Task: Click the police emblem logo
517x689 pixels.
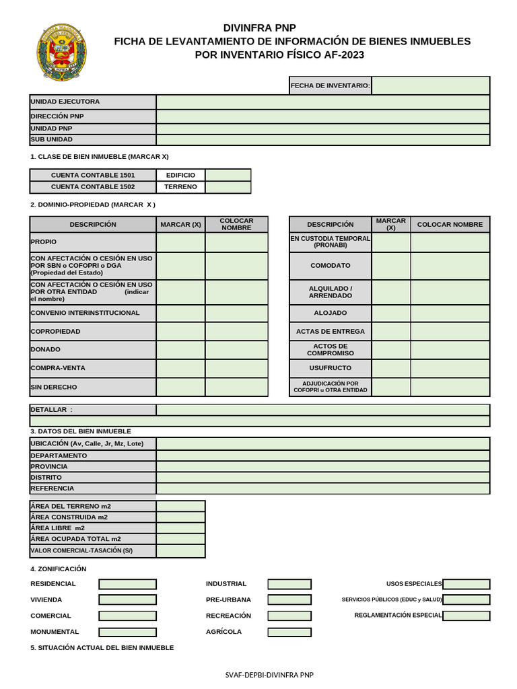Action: (61, 53)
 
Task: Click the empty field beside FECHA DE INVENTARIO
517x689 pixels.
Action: (430, 85)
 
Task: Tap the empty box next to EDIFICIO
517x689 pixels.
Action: (228, 175)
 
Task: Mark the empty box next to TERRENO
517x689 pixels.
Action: (228, 187)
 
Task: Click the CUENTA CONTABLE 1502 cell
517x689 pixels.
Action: (93, 187)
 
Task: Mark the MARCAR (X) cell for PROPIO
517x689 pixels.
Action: (180, 242)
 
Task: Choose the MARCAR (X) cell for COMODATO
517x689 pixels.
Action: (390, 266)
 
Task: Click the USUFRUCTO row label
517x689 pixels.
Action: (330, 368)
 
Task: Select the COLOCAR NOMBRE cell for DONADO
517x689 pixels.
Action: (236, 349)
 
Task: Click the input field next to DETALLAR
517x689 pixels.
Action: (322, 410)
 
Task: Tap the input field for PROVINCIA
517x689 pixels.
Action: (322, 466)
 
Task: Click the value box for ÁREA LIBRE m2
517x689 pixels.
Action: (180, 528)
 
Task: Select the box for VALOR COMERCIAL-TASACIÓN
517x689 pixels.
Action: (180, 550)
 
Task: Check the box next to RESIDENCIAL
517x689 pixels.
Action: (127, 584)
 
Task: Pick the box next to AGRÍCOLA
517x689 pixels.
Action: (289, 632)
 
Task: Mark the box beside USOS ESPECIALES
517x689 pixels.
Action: (466, 584)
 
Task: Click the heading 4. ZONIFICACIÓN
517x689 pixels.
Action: (59, 569)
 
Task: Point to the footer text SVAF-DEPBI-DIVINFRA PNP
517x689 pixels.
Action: (269, 675)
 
